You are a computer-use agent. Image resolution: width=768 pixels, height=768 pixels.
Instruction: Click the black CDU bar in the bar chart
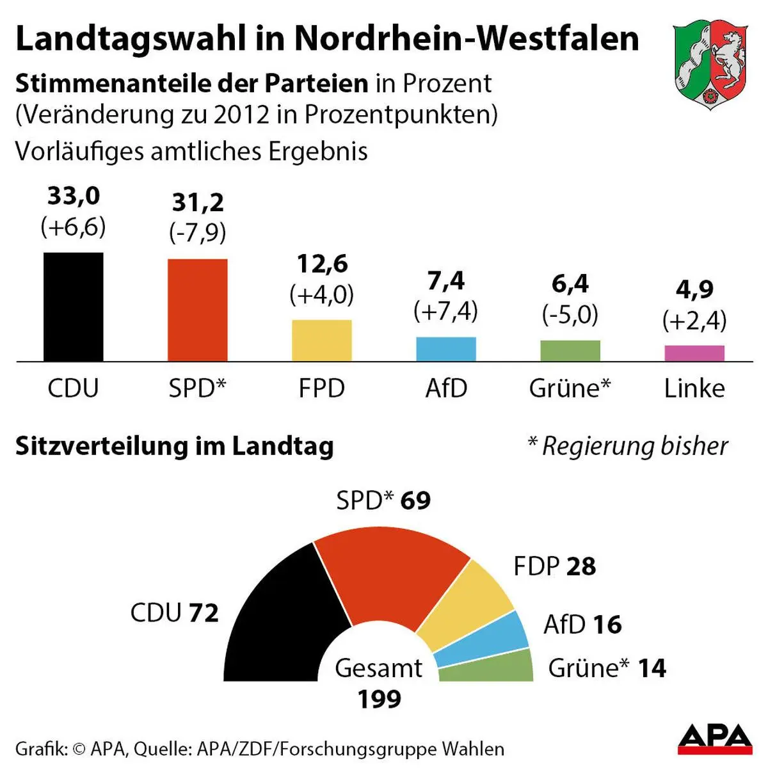tap(73, 307)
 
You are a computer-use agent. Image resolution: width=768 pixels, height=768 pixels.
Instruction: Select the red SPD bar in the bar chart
tap(197, 310)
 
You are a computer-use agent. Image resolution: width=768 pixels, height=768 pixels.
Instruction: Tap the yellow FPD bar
tap(321, 340)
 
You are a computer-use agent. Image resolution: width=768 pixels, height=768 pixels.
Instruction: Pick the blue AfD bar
tap(446, 349)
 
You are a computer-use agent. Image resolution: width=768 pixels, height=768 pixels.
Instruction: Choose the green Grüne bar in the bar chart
tap(570, 351)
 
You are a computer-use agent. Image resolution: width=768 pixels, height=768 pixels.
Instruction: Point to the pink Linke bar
tap(694, 353)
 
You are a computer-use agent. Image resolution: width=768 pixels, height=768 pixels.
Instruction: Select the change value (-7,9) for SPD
tap(197, 232)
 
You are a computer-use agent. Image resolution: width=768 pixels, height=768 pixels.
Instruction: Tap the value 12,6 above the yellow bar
tap(322, 264)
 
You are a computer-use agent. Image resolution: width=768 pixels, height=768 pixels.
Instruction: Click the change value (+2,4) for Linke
tap(694, 320)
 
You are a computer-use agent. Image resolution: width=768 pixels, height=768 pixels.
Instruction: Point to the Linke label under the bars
tap(694, 388)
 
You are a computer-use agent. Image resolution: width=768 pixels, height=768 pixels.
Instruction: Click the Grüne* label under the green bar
tap(570, 388)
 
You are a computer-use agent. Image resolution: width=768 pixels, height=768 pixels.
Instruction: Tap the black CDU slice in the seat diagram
tap(282, 627)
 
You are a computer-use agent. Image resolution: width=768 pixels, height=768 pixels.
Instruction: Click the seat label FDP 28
tap(554, 566)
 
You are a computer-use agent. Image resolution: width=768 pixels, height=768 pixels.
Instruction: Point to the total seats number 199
tap(379, 699)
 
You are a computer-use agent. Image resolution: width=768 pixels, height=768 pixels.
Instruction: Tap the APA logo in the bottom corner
tap(715, 740)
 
